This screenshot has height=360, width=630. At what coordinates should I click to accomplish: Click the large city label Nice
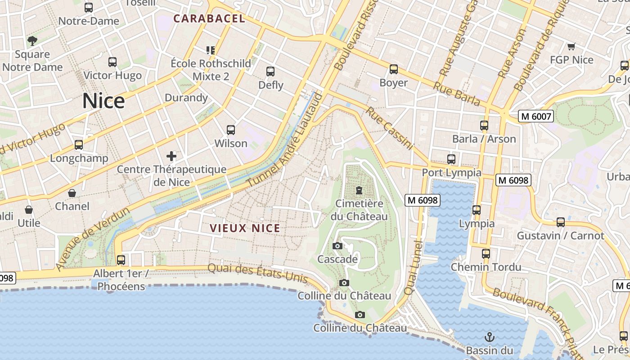[x=103, y=101]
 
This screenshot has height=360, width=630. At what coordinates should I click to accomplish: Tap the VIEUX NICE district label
[x=245, y=228]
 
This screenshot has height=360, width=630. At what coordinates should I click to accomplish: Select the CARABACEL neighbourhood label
[x=209, y=18]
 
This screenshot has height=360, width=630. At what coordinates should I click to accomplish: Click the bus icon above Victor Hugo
[x=112, y=62]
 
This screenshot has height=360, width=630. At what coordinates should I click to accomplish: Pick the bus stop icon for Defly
[x=270, y=72]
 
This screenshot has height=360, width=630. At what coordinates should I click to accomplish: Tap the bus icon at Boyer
[x=394, y=69]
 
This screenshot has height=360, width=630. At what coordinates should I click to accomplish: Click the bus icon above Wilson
[x=231, y=130]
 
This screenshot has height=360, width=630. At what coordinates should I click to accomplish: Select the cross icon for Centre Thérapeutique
[x=171, y=156]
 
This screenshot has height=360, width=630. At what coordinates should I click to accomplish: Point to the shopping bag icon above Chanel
[x=72, y=193]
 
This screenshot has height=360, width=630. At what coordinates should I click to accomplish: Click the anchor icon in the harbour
[x=489, y=337]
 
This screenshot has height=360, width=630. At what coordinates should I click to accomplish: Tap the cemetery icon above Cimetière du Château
[x=359, y=190]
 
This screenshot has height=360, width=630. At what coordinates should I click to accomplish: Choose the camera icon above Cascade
[x=337, y=246]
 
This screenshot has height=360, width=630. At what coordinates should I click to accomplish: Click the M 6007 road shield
[x=535, y=116]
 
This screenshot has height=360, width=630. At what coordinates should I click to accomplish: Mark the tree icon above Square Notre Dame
[x=32, y=41]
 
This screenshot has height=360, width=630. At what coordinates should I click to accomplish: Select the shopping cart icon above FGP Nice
[x=571, y=46]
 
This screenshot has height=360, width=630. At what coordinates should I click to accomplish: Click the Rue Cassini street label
[x=390, y=128]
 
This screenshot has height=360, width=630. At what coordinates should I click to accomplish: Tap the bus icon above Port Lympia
[x=451, y=159]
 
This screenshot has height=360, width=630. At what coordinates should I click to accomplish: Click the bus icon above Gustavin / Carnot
[x=561, y=222]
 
